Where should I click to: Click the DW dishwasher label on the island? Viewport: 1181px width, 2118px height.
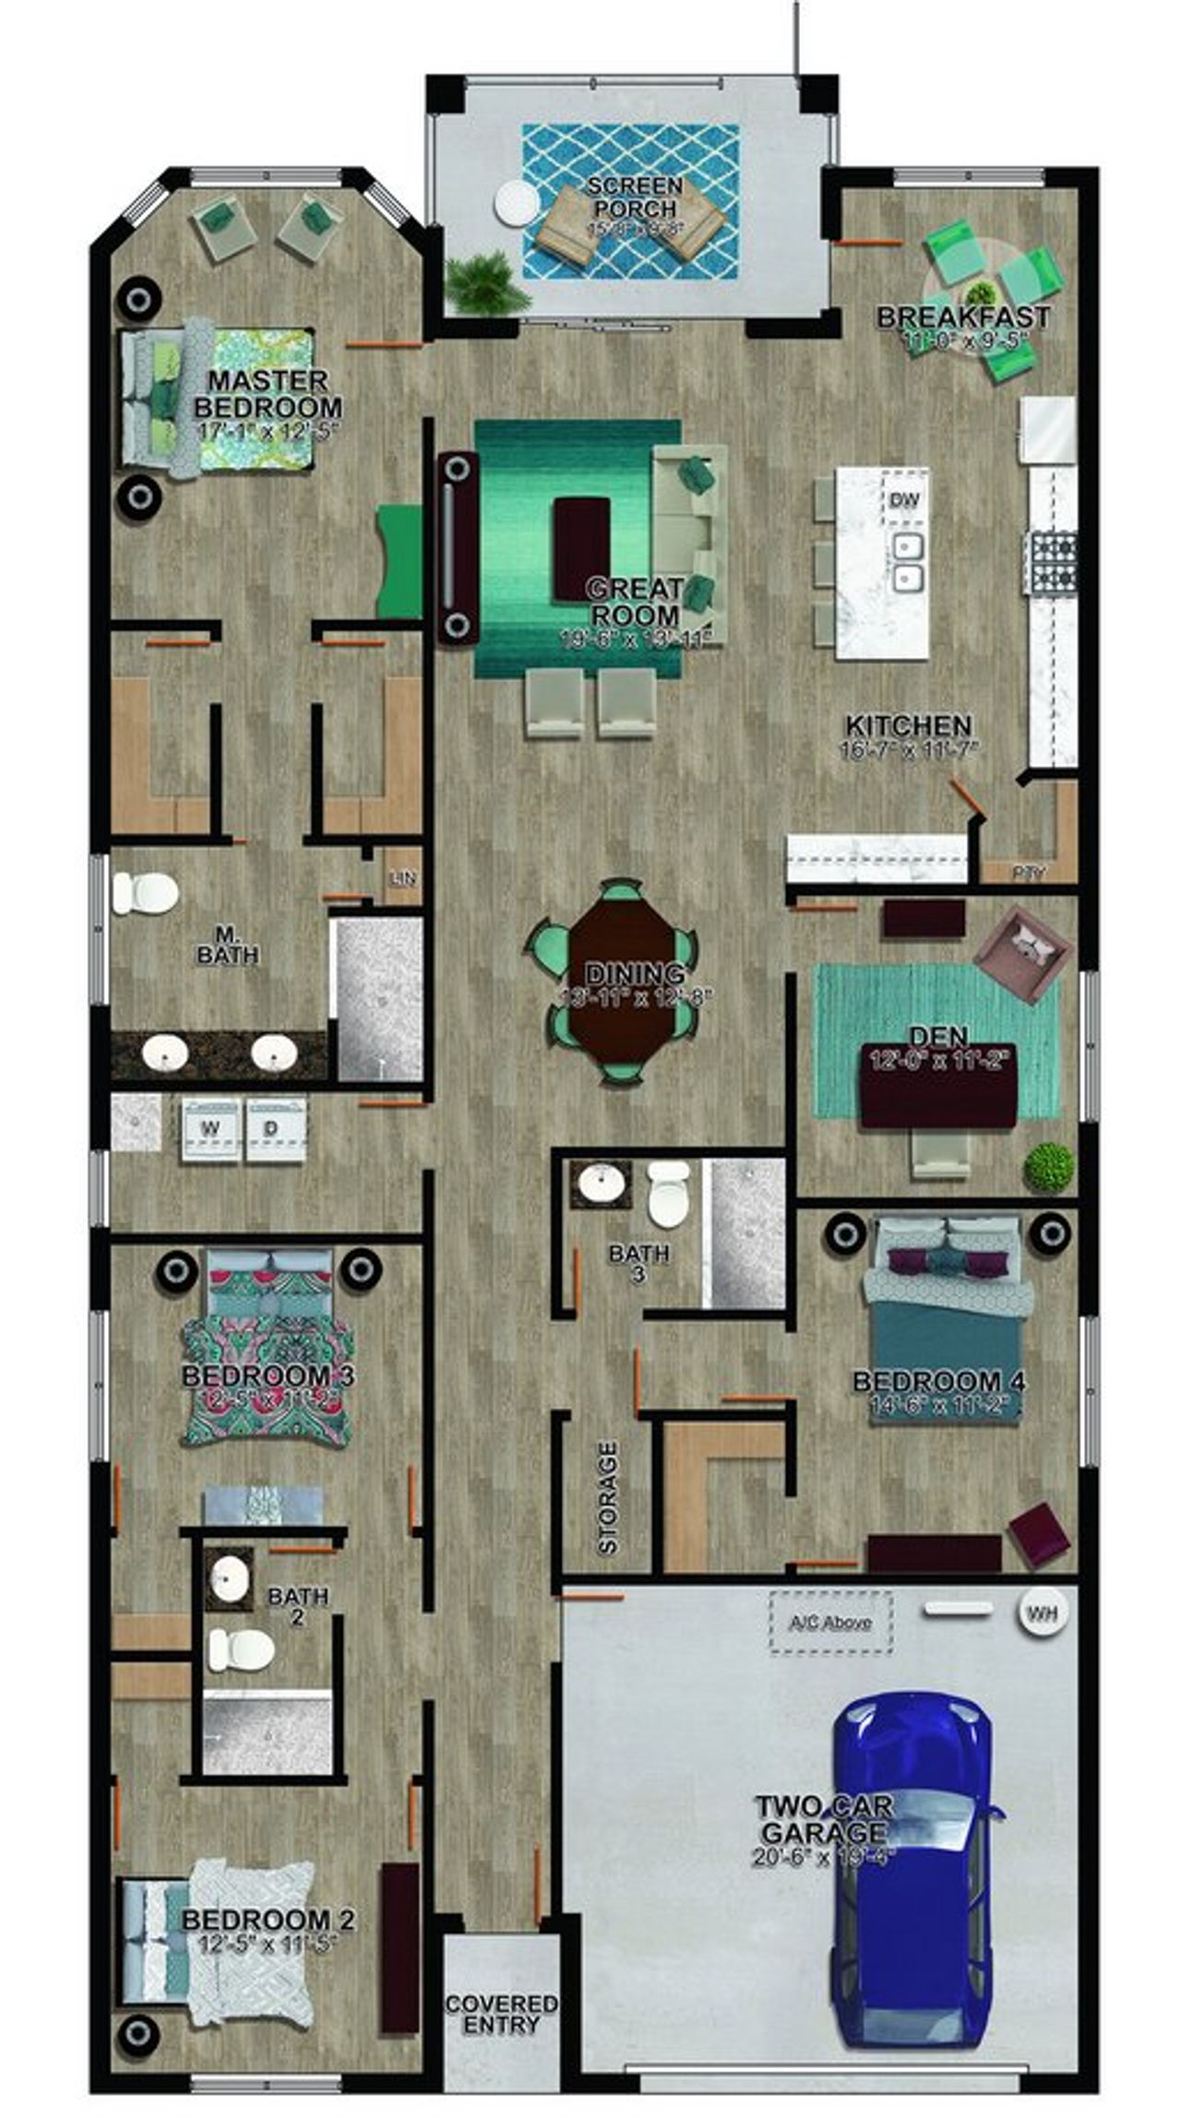[905, 501]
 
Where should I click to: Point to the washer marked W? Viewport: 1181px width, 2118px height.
[211, 1128]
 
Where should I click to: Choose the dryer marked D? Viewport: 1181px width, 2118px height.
[273, 1128]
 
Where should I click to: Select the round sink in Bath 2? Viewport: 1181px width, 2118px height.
[229, 1580]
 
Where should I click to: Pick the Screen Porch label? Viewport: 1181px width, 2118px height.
[635, 196]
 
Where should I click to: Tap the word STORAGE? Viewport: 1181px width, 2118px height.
[607, 1498]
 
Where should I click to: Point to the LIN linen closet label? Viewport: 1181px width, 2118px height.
[403, 878]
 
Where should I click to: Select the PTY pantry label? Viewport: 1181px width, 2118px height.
[1028, 872]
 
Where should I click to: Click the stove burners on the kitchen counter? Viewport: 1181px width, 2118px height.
[1052, 561]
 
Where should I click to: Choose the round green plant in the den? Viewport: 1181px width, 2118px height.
[1049, 1167]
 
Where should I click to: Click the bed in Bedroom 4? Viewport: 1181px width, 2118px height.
[946, 1310]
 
